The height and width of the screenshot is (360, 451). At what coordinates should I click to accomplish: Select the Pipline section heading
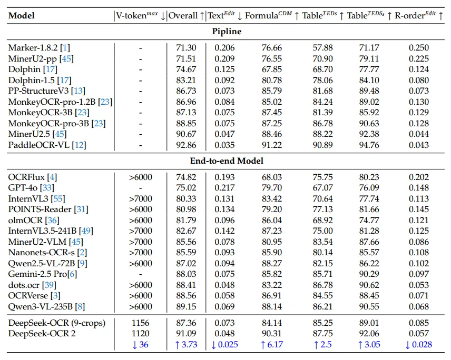[227, 32]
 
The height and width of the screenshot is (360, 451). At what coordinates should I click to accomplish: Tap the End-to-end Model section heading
[227, 161]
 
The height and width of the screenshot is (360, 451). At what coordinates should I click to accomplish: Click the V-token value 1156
[140, 323]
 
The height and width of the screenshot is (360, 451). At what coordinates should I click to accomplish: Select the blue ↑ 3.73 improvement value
[186, 345]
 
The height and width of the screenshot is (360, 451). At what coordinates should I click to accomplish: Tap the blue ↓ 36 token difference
[140, 345]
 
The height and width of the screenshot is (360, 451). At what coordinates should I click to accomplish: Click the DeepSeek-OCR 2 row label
[42, 333]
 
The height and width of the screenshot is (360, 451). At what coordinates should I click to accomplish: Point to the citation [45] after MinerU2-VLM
[76, 242]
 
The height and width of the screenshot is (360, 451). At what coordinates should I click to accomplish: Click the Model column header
[22, 15]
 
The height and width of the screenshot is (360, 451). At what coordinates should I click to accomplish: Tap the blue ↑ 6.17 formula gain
[272, 345]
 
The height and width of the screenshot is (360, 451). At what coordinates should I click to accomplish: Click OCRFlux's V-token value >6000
[140, 177]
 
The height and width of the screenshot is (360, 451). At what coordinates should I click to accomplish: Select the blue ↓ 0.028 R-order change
[419, 345]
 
